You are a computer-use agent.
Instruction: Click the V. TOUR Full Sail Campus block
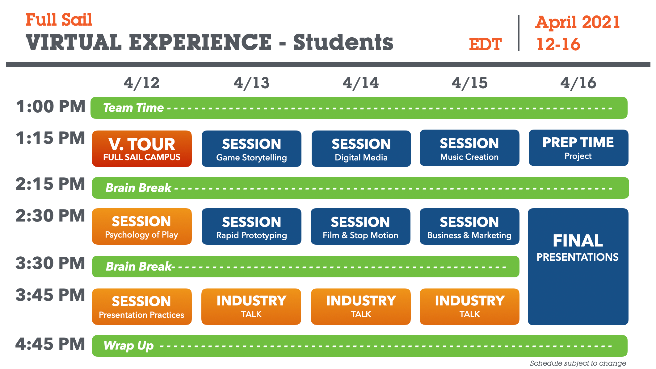click(142, 149)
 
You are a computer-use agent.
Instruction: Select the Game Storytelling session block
click(251, 149)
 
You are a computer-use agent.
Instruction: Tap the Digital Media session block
click(361, 149)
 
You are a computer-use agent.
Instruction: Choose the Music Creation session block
click(469, 148)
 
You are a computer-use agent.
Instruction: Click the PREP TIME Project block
click(578, 148)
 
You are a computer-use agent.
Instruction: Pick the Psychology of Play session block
click(142, 226)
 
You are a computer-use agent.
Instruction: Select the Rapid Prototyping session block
click(251, 226)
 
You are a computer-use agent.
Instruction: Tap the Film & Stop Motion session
click(360, 226)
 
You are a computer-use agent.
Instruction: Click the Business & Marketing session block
click(469, 226)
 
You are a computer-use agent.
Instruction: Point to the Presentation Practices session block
click(142, 307)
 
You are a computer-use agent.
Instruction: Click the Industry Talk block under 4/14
click(361, 307)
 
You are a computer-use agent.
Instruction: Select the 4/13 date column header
click(251, 83)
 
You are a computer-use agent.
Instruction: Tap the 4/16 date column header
click(578, 83)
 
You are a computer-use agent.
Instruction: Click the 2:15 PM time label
click(50, 184)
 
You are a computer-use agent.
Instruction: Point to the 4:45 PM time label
click(50, 344)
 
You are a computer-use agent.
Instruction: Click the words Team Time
click(133, 108)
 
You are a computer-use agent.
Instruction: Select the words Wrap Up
click(128, 346)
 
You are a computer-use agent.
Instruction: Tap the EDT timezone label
click(485, 44)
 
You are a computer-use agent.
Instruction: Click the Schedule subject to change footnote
click(578, 363)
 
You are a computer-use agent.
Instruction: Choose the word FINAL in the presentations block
click(578, 241)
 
